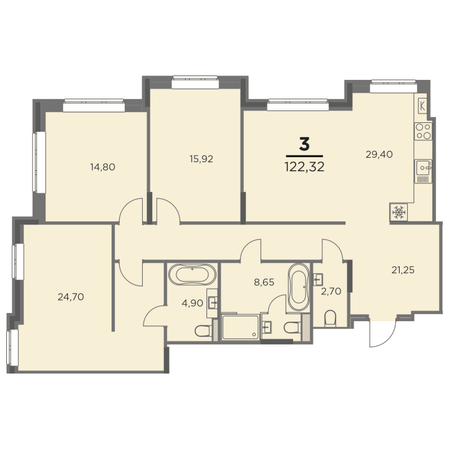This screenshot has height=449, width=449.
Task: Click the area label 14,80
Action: (102, 167)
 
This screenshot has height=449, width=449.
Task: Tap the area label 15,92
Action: (201, 158)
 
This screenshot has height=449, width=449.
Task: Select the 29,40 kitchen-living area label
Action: (379, 155)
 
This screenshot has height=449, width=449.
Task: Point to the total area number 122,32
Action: (304, 167)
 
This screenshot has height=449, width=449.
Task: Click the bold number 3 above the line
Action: (304, 144)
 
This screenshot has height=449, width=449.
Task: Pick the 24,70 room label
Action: (70, 297)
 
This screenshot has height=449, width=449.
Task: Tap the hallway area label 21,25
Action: (403, 270)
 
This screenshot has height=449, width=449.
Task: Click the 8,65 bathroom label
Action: (264, 282)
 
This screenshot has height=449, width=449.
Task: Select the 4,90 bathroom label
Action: (193, 303)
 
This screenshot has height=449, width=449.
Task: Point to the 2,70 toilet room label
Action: (331, 291)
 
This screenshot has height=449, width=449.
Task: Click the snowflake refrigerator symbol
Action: (399, 212)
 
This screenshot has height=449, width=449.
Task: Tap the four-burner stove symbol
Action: (423, 131)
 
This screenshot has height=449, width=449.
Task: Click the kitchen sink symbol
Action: (423, 167)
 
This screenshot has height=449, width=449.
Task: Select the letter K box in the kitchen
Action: (422, 105)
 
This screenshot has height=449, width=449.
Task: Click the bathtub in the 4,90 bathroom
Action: (193, 274)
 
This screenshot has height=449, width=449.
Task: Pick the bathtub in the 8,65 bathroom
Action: (298, 287)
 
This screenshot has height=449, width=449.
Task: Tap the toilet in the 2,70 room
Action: (330, 318)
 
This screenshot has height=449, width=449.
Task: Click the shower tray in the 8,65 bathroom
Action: (241, 327)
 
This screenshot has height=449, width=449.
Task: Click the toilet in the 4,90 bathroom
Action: (203, 331)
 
